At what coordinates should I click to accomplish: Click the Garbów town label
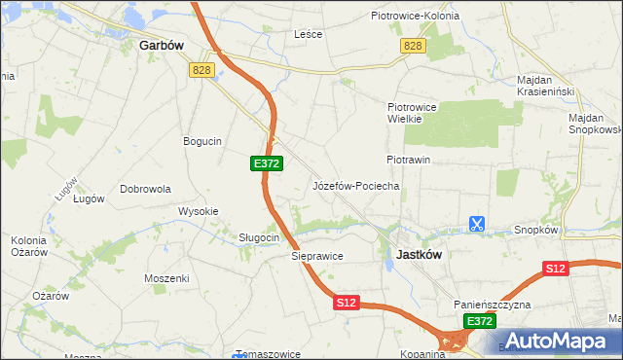point(163,45)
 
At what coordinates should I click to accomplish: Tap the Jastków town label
point(420,254)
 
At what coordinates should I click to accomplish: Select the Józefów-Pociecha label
point(355,186)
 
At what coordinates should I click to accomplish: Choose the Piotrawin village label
point(408,159)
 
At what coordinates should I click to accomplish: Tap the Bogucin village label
point(202,141)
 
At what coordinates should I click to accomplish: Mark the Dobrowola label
point(146,189)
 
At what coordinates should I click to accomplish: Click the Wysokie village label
point(198,211)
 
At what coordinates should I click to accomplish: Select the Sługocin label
point(260,237)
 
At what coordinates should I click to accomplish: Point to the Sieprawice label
point(317,257)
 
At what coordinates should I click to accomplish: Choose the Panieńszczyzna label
point(492,305)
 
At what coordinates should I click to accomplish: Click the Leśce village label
point(308,34)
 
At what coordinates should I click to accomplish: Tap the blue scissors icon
point(476,224)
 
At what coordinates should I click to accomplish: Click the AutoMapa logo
point(554,340)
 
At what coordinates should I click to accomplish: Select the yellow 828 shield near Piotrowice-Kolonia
point(413,47)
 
